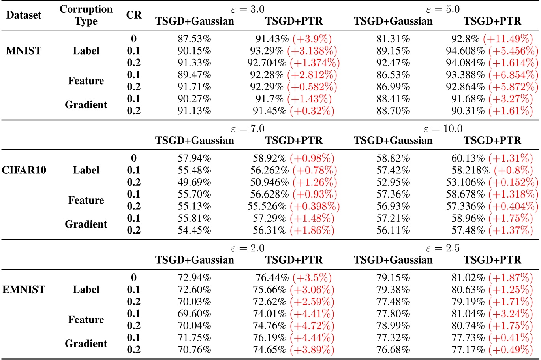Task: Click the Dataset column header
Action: coord(24,15)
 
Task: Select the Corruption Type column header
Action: coord(86,15)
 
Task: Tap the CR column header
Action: coord(134,15)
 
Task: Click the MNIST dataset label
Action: coord(24,51)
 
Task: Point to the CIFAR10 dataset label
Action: coord(24,170)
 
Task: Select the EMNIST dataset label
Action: coord(24,290)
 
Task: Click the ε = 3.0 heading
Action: coord(248,9)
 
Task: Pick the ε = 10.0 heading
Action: coord(443,129)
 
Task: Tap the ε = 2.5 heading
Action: coord(443,248)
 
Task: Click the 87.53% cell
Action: coord(194,39)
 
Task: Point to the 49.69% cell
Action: coord(194,183)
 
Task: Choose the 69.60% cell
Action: coord(194,314)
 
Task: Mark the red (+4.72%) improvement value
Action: coord(312,326)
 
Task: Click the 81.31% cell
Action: coord(393,39)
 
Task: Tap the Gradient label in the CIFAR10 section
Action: coord(86,224)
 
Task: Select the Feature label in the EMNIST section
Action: coord(86,320)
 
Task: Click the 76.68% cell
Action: coord(393,350)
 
